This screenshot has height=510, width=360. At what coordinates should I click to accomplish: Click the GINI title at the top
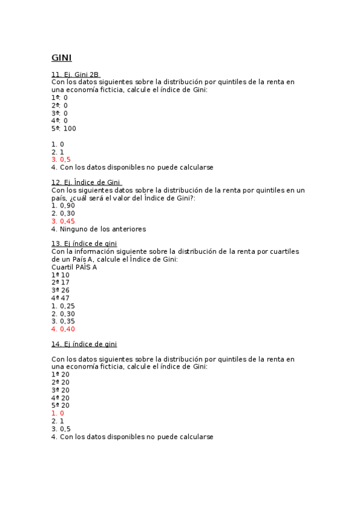click(61, 58)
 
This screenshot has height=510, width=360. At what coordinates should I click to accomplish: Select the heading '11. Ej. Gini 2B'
click(75, 75)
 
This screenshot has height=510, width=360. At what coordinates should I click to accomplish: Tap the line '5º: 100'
click(64, 128)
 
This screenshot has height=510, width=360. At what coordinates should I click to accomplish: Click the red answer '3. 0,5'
click(61, 159)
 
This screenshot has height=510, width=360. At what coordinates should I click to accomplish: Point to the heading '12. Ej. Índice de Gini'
click(86, 182)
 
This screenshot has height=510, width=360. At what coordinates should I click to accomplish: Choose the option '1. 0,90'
click(63, 206)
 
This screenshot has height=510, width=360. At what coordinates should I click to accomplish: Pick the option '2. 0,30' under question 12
click(63, 214)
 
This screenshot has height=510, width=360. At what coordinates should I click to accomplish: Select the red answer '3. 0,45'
click(63, 221)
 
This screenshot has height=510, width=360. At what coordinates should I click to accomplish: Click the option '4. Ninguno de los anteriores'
click(99, 229)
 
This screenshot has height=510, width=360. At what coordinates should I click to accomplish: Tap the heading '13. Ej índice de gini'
click(84, 244)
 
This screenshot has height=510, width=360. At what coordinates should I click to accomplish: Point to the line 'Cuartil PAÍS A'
click(74, 267)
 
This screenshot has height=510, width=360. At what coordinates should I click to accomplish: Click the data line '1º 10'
click(61, 275)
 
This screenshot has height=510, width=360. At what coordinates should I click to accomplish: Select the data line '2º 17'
click(61, 283)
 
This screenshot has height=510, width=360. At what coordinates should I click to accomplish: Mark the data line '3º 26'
click(61, 290)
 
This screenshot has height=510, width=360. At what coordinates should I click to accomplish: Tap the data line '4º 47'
click(61, 298)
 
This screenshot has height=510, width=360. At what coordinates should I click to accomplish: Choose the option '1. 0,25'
click(63, 306)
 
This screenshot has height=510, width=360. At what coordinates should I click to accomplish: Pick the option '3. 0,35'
click(63, 321)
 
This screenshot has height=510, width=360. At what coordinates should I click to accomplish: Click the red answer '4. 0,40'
click(63, 329)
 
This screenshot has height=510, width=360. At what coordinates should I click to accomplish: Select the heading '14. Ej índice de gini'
click(84, 344)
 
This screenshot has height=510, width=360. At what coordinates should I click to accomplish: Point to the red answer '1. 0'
click(58, 414)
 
